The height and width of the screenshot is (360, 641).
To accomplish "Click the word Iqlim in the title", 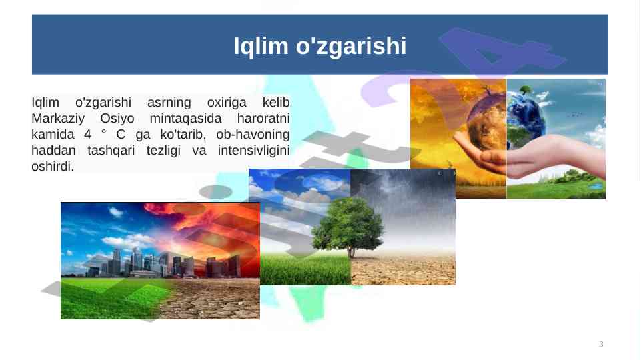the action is click(261, 46).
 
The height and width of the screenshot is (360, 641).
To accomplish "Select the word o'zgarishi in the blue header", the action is click(351, 46).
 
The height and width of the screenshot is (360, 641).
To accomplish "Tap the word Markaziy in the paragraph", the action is click(58, 119).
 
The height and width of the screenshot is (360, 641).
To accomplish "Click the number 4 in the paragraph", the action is click(88, 135).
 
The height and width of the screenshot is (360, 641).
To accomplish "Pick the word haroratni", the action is click(263, 119).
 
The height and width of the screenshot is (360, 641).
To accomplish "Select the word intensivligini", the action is click(253, 151).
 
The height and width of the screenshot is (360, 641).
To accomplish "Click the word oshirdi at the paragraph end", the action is click(51, 166).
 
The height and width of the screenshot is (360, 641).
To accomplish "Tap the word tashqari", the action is click(111, 151).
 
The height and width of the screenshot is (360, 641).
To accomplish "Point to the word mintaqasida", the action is click(185, 119).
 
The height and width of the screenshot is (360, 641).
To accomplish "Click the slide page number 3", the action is click(601, 344).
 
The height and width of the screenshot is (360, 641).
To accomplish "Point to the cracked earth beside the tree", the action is click(403, 270).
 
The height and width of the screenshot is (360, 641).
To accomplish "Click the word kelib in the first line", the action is click(276, 102).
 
